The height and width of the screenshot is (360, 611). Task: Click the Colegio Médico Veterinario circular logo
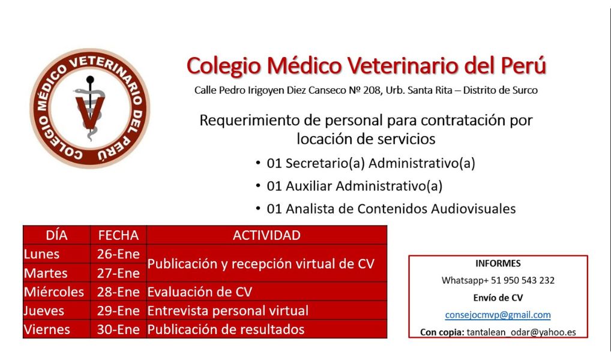pos(90,109)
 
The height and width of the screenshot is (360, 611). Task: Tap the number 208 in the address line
pos(373,91)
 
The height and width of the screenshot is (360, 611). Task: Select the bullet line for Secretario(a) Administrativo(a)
pos(366,163)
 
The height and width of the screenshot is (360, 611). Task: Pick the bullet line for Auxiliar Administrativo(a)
pos(349,186)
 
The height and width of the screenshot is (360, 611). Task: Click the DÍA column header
pos(56,235)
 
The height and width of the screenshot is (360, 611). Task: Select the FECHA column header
pos(118,235)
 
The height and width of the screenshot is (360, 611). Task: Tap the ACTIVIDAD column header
pos(266,235)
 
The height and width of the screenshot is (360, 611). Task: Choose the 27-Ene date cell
pos(118,273)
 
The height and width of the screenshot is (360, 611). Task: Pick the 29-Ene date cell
pos(118,311)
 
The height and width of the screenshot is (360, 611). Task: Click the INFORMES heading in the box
pos(498,263)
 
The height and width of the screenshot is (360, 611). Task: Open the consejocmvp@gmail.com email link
pos(498,315)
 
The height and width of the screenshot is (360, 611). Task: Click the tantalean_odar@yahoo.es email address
pos(521,332)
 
